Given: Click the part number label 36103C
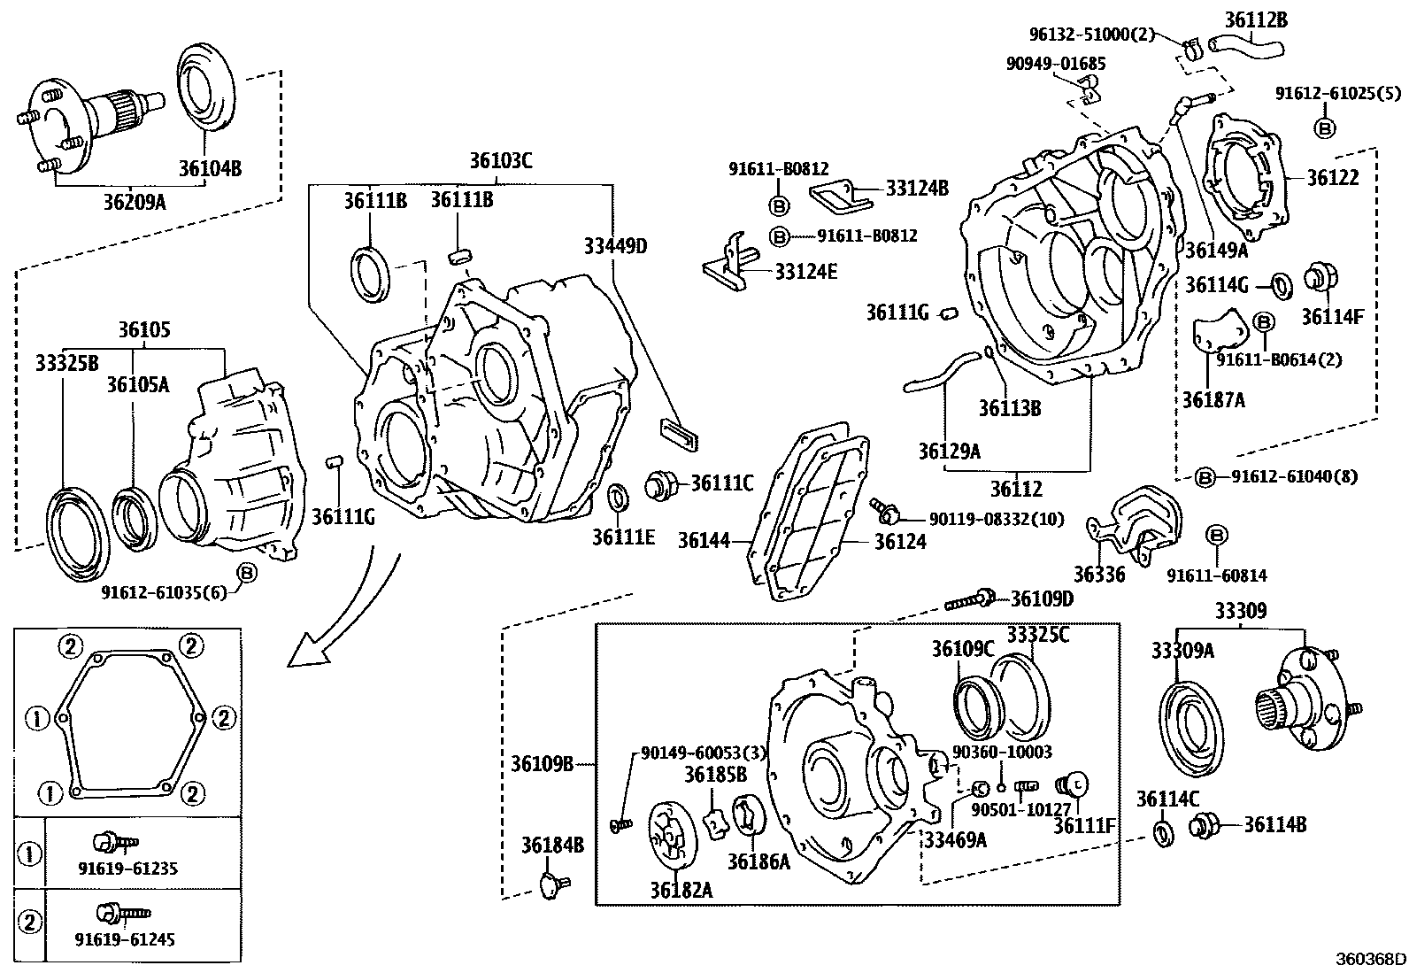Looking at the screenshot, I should point(501,160).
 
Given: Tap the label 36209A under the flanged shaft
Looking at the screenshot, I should point(135,202).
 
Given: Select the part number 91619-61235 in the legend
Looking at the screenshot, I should point(126,869).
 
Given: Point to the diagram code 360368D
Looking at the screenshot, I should point(1371,959).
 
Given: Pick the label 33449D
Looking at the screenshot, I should point(615,245).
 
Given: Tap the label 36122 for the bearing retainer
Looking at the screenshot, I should point(1333,177).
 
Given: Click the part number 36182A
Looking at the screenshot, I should point(682,890).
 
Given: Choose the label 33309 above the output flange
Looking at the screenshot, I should point(1240,610).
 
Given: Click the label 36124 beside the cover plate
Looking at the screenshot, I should point(900,541).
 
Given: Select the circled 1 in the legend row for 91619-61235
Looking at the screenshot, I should point(29,854).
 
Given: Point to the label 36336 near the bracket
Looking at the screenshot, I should point(1099,575).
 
